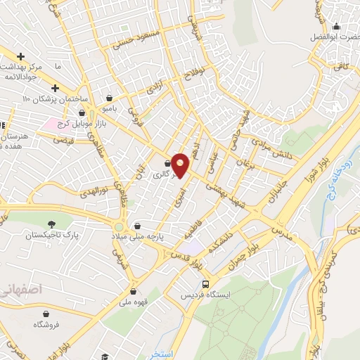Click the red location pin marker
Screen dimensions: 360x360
(x=181, y=165)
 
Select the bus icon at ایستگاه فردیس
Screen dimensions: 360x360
(x=205, y=285)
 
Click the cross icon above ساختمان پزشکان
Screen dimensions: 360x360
(x=55, y=87)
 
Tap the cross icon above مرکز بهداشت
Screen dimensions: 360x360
(x=21, y=56)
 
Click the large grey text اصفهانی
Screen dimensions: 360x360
(x=22, y=288)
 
